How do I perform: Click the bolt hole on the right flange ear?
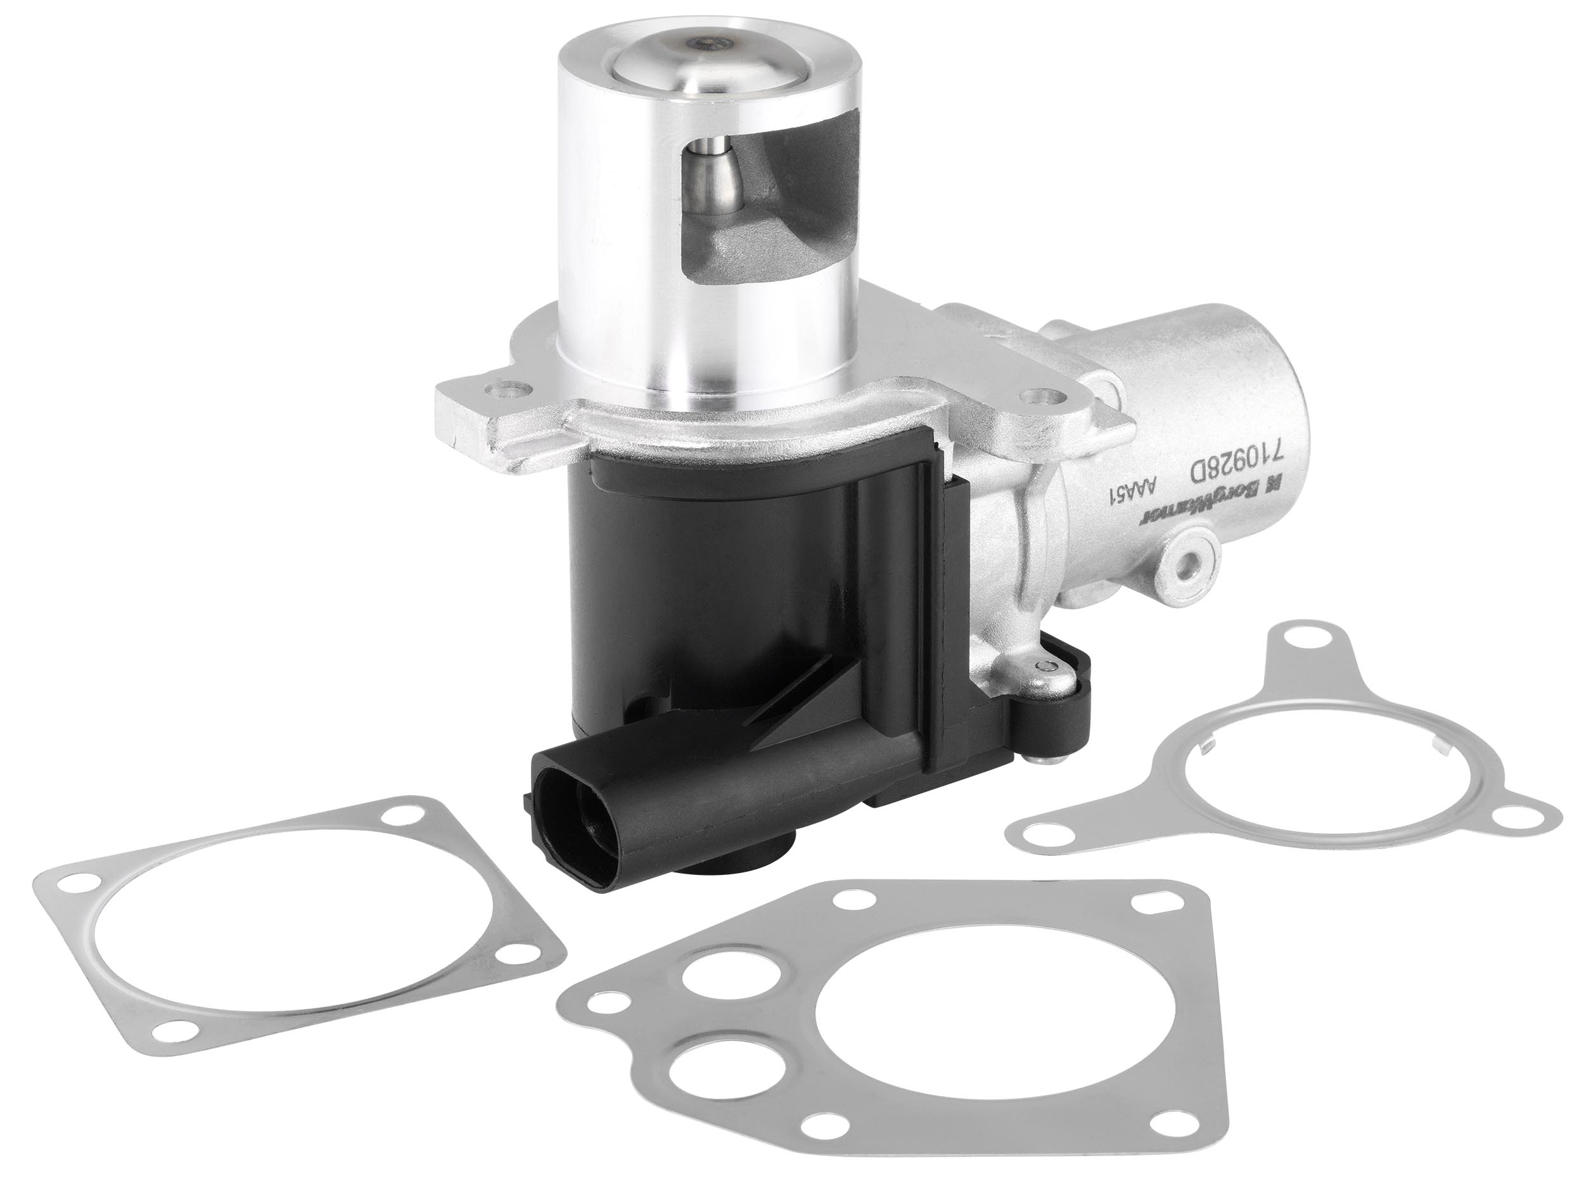1037,395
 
